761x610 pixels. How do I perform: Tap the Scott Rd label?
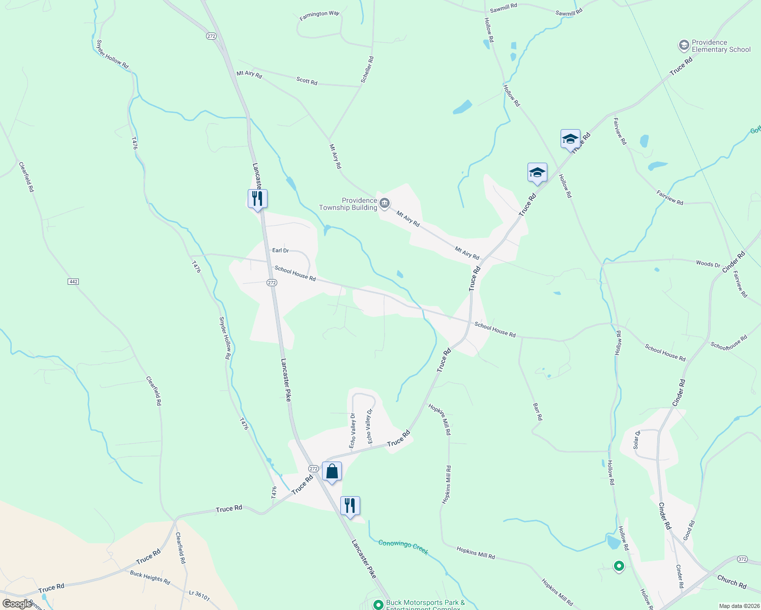click(x=307, y=81)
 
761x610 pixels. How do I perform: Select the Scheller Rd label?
click(x=367, y=69)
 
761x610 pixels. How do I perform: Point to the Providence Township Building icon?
click(x=385, y=204)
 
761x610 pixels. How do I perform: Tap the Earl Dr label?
click(x=280, y=250)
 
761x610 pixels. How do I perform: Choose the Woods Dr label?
click(x=708, y=264)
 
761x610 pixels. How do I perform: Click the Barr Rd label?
click(x=538, y=411)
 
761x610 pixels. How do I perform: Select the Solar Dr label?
click(x=636, y=439)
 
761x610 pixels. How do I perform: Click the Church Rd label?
click(x=731, y=582)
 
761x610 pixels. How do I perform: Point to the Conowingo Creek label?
click(x=403, y=547)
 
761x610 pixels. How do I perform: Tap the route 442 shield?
click(x=73, y=282)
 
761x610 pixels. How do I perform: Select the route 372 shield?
click(x=742, y=559)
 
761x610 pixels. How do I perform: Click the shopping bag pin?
click(x=332, y=472)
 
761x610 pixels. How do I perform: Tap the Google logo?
click(x=17, y=604)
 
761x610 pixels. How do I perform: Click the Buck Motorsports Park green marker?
click(x=378, y=604)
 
